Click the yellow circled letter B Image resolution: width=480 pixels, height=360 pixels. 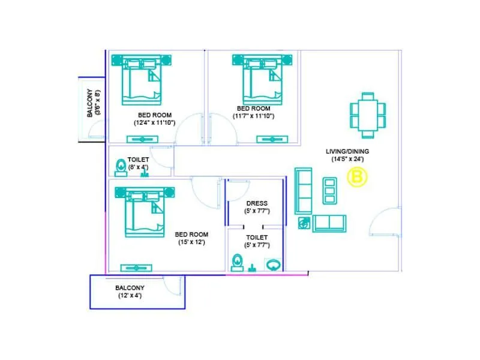tap(358, 178)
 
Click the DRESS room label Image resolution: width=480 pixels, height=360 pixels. tap(257, 203)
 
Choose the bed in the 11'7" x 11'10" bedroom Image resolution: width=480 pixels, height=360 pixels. tap(261, 82)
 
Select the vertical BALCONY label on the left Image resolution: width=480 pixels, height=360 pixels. tap(90, 105)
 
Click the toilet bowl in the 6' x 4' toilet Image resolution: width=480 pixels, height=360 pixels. tap(121, 166)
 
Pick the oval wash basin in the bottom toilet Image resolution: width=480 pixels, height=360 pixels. tap(273, 264)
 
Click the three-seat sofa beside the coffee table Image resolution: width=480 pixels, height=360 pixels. tap(304, 190)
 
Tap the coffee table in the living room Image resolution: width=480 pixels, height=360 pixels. tap(329, 191)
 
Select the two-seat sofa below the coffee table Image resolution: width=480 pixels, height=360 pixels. tap(329, 223)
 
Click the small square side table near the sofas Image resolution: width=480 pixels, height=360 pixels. tap(304, 223)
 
